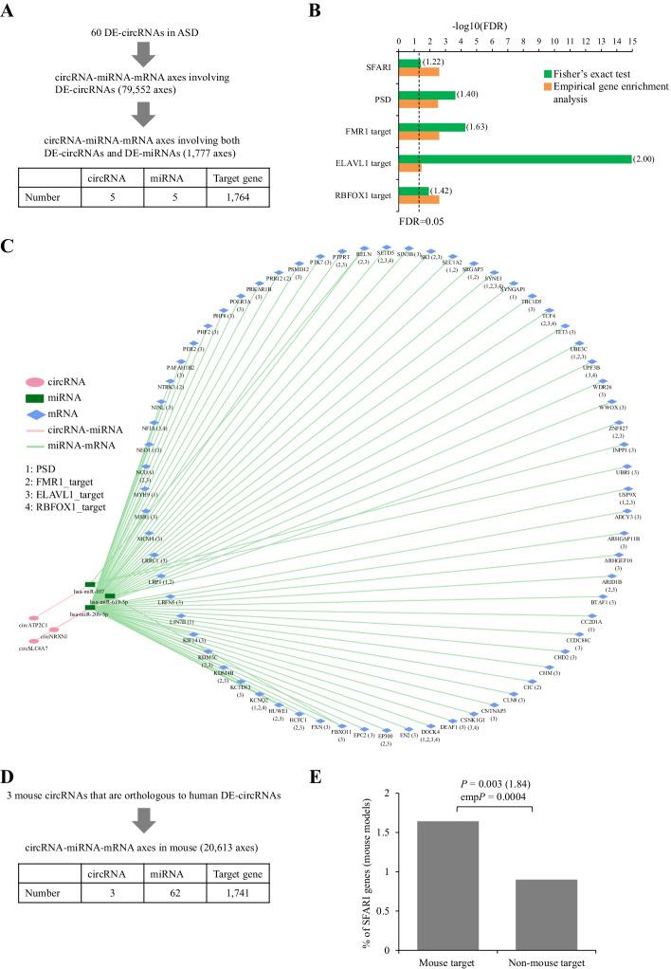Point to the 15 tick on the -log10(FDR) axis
[632, 42]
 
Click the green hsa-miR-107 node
[90, 584]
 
